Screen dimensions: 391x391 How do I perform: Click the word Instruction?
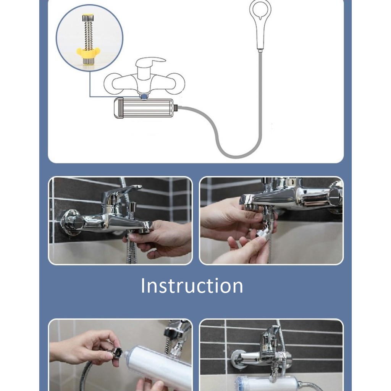192,286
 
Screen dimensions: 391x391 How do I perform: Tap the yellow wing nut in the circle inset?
88,52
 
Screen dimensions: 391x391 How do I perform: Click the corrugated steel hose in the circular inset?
88,34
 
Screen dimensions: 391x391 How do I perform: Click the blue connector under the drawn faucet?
144,96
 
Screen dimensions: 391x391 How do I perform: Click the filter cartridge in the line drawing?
144,108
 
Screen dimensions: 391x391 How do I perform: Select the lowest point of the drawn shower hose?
236,157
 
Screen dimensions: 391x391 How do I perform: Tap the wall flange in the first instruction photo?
71,222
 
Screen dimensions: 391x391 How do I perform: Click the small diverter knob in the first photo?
132,207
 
